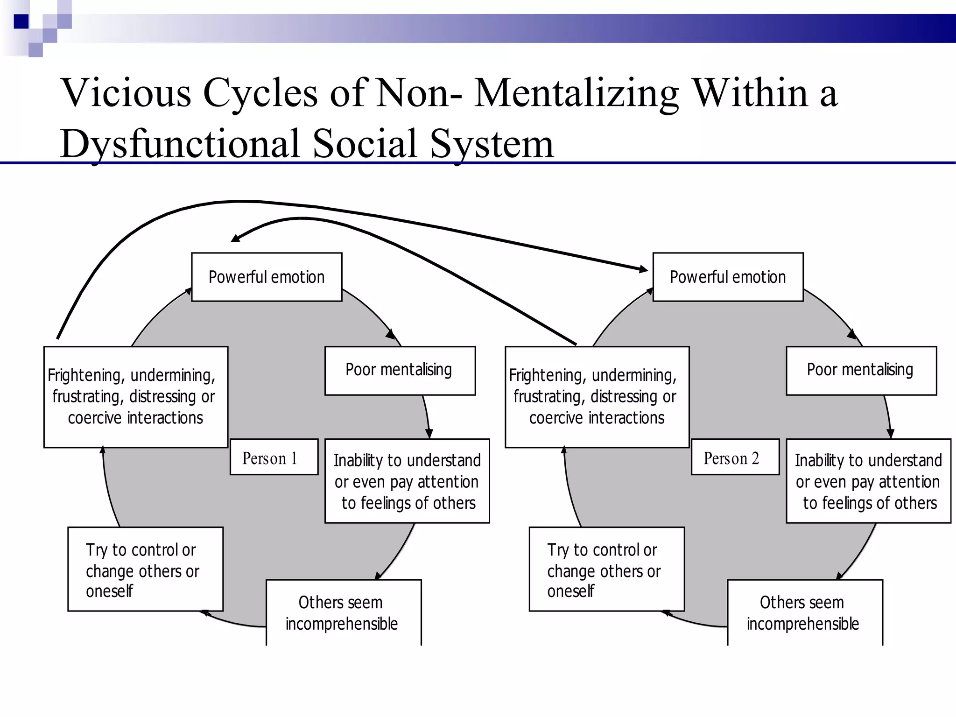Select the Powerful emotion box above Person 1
[267, 277]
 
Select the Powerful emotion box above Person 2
[728, 277]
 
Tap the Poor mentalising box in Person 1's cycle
[400, 371]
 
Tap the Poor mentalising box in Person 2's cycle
[861, 371]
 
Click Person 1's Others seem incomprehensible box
[343, 612]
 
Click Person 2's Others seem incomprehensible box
[804, 612]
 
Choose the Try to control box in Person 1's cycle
[145, 569]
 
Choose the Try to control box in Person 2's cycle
[606, 569]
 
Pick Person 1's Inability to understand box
[407, 481]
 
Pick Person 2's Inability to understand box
[868, 481]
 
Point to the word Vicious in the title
[126, 92]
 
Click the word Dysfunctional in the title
[180, 144]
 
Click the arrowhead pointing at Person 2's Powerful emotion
[643, 269]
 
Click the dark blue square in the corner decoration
[21, 21]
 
